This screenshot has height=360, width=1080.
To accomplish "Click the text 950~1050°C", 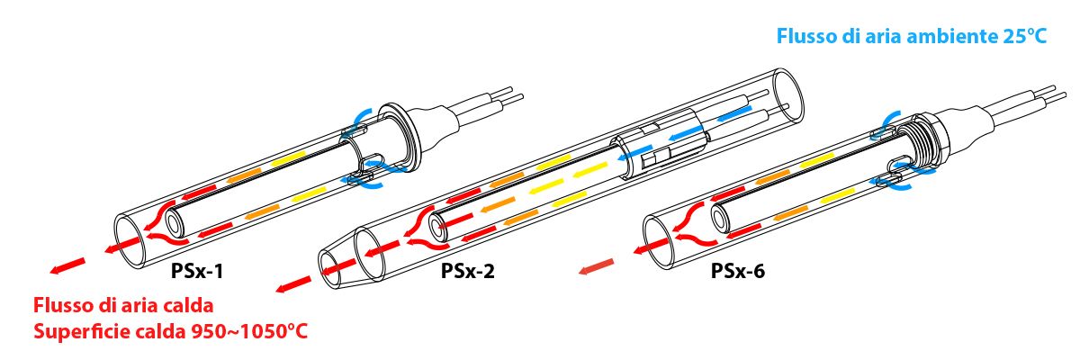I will click(x=250, y=331).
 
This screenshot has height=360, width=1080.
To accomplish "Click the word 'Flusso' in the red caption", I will click(x=61, y=304).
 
